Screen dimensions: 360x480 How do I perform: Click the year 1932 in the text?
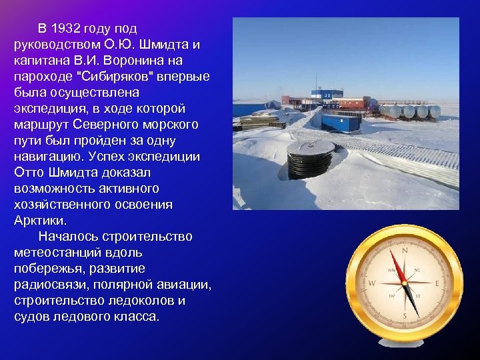(x=74, y=28)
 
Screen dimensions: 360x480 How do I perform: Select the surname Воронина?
(x=141, y=60)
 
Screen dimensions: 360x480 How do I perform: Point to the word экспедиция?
(x=47, y=108)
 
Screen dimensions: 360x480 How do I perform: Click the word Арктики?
(x=39, y=220)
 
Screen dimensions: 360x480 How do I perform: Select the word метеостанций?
(x=56, y=252)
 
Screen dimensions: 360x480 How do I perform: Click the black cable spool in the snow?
(x=310, y=157)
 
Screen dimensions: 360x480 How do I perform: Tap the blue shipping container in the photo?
(x=340, y=122)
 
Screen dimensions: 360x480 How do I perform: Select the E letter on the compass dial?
(x=437, y=283)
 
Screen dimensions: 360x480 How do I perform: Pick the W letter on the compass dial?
(x=372, y=283)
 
